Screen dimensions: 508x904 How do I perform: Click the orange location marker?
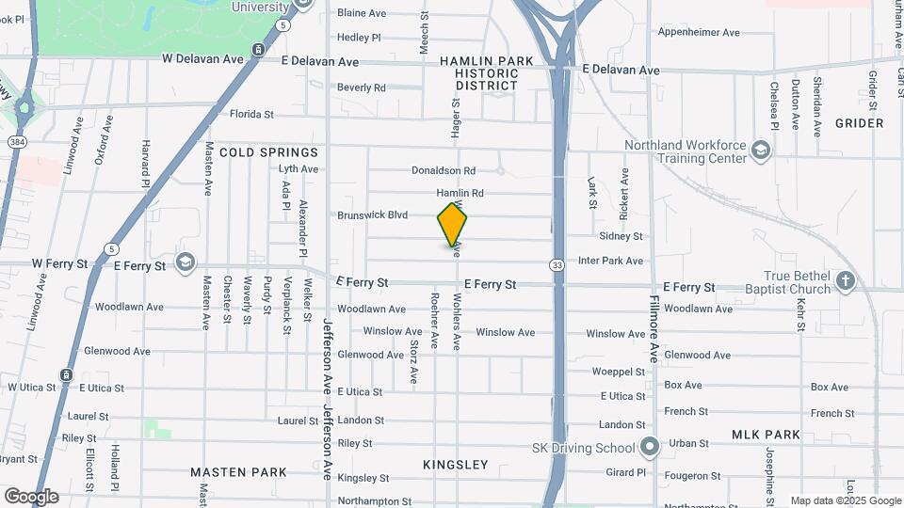[x=452, y=223]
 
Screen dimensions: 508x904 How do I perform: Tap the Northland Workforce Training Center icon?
[x=761, y=149]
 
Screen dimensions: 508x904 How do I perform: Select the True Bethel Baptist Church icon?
[x=846, y=280]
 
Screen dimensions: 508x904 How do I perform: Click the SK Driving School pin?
[x=648, y=446]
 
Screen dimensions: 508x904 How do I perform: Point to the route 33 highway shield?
[x=558, y=266]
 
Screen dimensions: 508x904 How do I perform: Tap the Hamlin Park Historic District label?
[x=486, y=72]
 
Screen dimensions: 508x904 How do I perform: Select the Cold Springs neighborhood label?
[x=268, y=151]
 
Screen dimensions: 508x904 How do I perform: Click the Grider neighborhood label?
[x=859, y=123]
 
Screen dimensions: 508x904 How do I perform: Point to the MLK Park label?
[x=766, y=435]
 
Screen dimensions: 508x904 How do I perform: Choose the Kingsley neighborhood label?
[x=456, y=465]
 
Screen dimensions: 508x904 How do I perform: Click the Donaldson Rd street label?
[x=444, y=170]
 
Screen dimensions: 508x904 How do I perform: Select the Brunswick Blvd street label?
[x=373, y=215]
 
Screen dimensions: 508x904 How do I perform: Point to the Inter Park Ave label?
[x=610, y=261]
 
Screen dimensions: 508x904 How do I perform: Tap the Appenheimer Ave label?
[x=699, y=32]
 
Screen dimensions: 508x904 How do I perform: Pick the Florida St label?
[x=251, y=115]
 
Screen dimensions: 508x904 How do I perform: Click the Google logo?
[x=31, y=497]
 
